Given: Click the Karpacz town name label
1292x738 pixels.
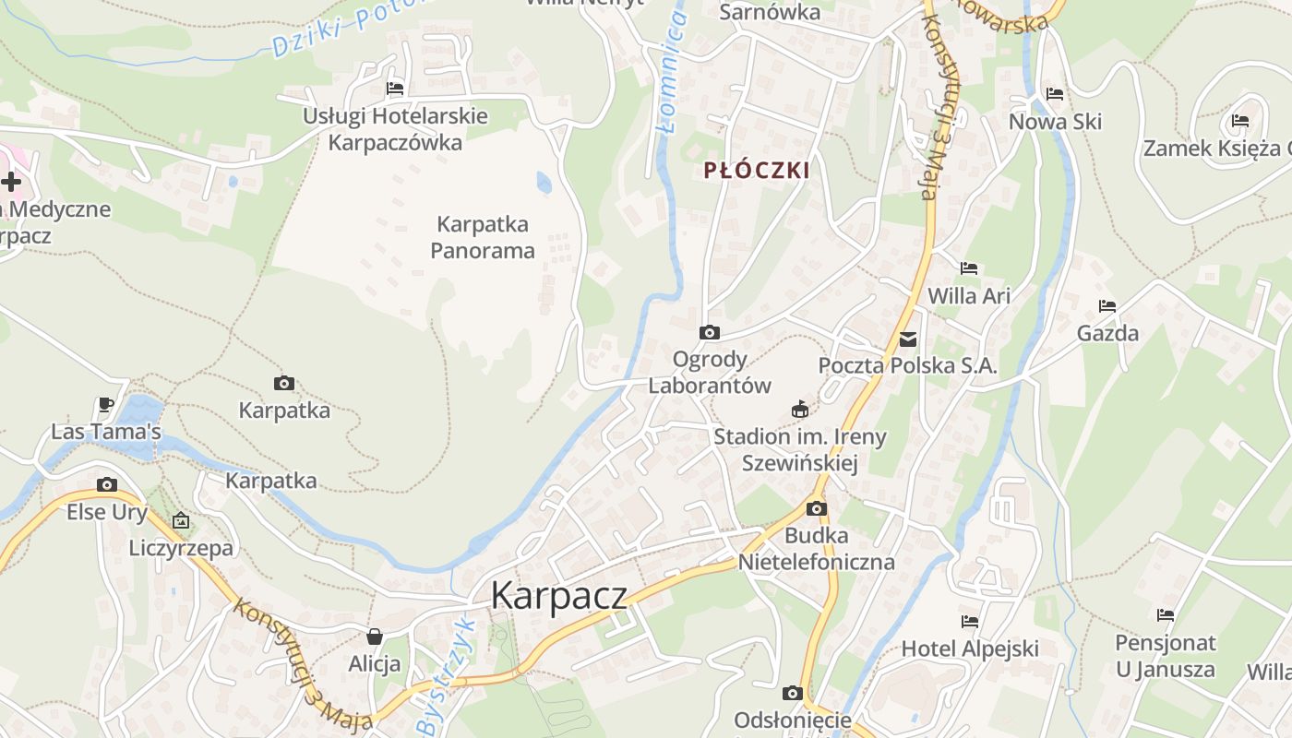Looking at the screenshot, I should pyautogui.click(x=558, y=595).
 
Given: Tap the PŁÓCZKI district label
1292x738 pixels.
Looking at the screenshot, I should pyautogui.click(x=757, y=171).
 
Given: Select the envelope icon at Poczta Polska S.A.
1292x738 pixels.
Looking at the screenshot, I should pyautogui.click(x=908, y=339).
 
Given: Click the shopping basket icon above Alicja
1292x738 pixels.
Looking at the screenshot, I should pyautogui.click(x=375, y=637).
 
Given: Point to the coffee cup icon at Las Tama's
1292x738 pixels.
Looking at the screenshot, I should pyautogui.click(x=106, y=405).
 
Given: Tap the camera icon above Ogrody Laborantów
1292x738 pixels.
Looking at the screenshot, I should pyautogui.click(x=709, y=332).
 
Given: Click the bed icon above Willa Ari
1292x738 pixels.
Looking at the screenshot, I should pyautogui.click(x=968, y=268).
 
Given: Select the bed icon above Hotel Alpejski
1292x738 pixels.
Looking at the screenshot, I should pyautogui.click(x=969, y=621).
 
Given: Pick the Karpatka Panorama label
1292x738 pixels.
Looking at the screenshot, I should pyautogui.click(x=483, y=237).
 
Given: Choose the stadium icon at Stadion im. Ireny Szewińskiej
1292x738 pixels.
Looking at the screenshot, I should pyautogui.click(x=800, y=409).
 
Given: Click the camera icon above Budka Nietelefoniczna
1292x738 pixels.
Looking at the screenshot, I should pyautogui.click(x=816, y=508).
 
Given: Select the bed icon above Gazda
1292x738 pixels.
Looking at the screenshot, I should pyautogui.click(x=1107, y=306).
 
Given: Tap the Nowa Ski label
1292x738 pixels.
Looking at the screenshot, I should pyautogui.click(x=1055, y=122).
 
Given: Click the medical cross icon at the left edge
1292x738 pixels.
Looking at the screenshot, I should pyautogui.click(x=11, y=182).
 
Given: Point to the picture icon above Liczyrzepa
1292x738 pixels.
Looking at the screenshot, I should pyautogui.click(x=181, y=521).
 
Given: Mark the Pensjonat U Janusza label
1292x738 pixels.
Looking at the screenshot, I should pyautogui.click(x=1165, y=656).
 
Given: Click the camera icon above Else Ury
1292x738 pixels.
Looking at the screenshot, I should pyautogui.click(x=107, y=484).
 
